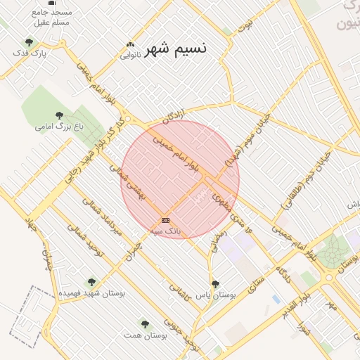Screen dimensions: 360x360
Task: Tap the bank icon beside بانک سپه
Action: (165, 220)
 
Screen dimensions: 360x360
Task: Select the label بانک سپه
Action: (168, 230)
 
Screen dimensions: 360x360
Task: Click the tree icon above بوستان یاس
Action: (215, 283)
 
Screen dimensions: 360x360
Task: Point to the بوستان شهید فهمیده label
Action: (91, 292)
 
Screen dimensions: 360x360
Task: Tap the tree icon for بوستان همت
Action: (145, 324)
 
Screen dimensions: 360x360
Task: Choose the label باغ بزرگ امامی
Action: (60, 127)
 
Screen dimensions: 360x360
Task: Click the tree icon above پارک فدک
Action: (29, 42)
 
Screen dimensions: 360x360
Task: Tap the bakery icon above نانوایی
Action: (130, 44)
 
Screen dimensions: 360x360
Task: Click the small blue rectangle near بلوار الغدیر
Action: (276, 299)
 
